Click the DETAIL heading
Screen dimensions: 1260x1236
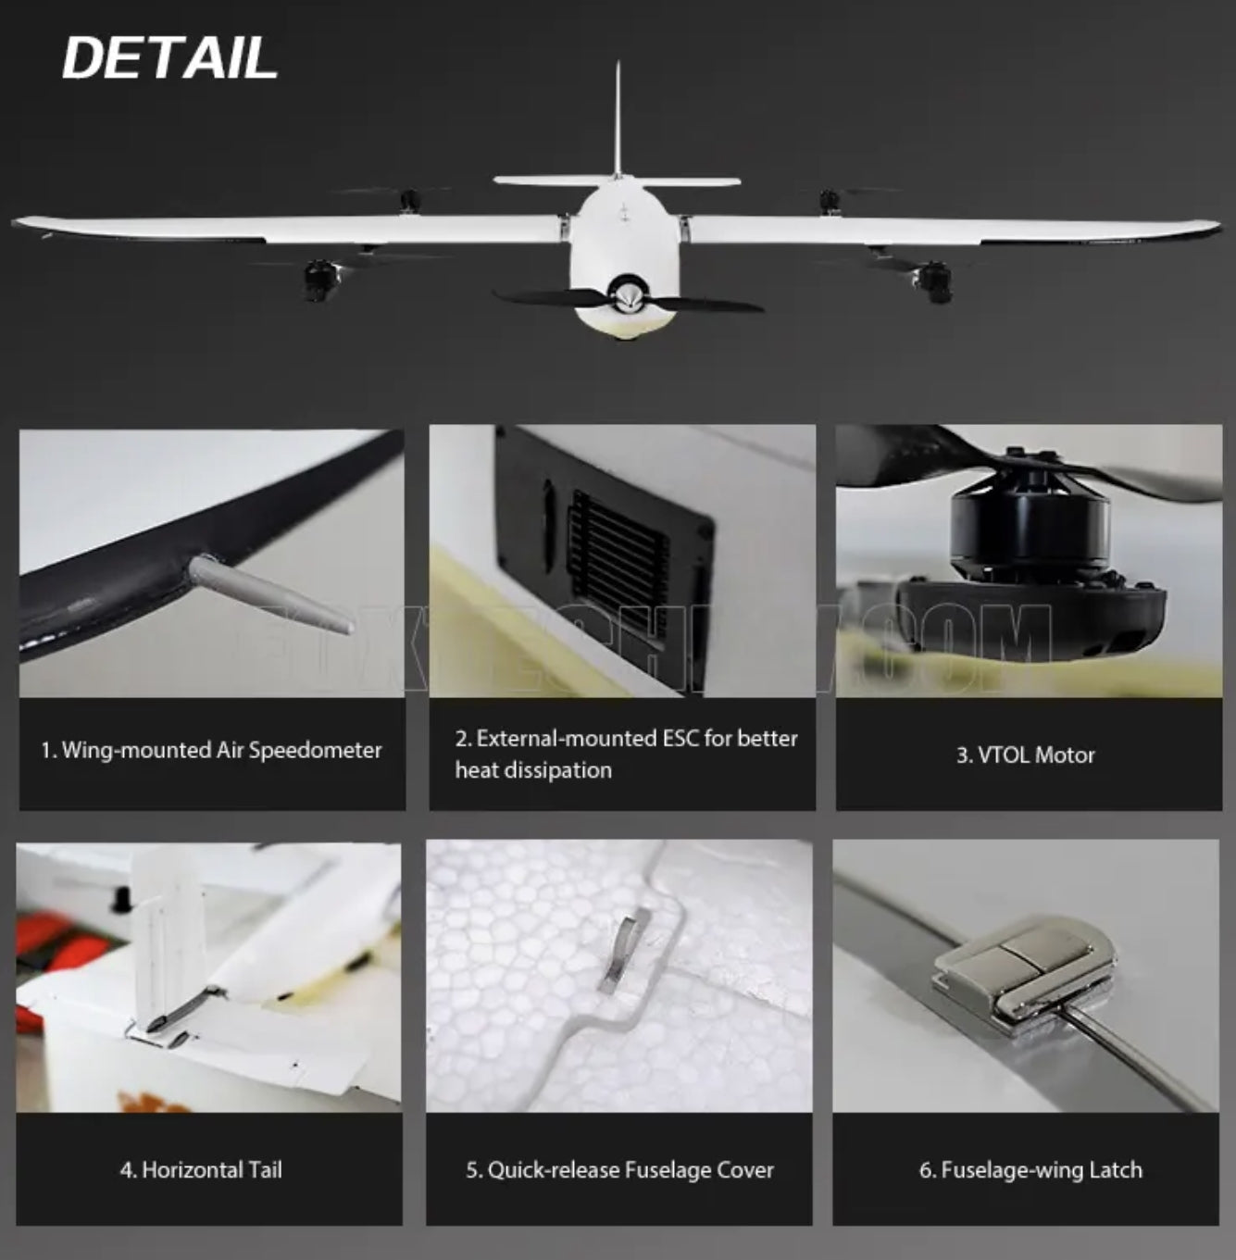(169, 58)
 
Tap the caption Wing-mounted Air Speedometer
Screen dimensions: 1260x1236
(211, 750)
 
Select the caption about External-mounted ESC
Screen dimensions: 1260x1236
(626, 754)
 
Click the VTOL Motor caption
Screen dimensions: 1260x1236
(1025, 755)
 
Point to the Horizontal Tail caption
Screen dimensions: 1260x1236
(201, 1170)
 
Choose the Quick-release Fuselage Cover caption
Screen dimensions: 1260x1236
(619, 1170)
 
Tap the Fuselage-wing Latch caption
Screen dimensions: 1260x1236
(1030, 1170)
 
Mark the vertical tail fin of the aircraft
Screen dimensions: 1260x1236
(618, 120)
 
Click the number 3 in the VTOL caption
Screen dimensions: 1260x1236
(962, 755)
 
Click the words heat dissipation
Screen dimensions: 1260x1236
(533, 770)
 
